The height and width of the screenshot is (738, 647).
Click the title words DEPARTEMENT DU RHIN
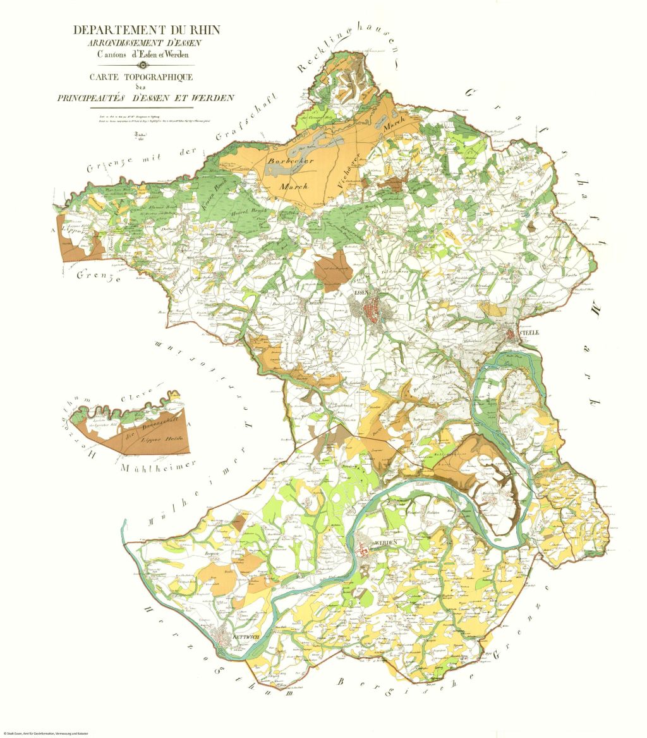[146, 30]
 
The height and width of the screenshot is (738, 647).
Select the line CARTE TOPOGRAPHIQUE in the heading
[145, 77]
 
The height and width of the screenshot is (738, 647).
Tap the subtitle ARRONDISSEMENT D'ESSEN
[145, 43]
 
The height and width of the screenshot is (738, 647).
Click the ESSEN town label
[361, 294]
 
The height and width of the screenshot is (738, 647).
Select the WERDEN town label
[385, 543]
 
